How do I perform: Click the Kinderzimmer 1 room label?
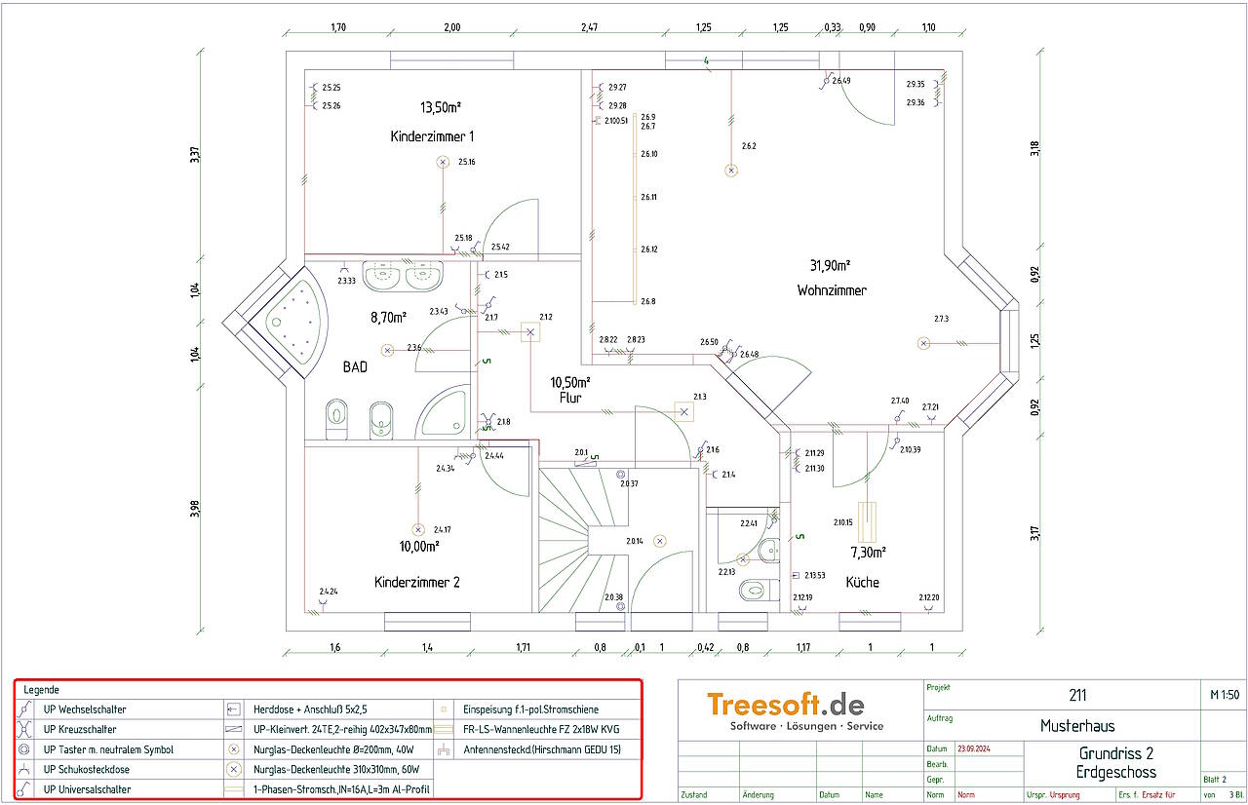[432, 136]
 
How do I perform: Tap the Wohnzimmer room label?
[832, 290]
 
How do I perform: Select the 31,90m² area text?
[830, 265]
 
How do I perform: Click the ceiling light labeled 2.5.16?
[443, 162]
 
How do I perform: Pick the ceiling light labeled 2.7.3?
[923, 342]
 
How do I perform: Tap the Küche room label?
[862, 582]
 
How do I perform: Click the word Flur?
[570, 398]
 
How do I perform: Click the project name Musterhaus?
[1077, 725]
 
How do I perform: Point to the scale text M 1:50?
[1224, 695]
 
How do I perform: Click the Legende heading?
[41, 690]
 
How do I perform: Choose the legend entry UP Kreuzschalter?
[80, 729]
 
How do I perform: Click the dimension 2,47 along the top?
[589, 27]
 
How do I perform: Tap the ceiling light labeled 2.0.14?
[660, 540]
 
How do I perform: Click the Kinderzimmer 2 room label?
[417, 582]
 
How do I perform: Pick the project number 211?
[1077, 695]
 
